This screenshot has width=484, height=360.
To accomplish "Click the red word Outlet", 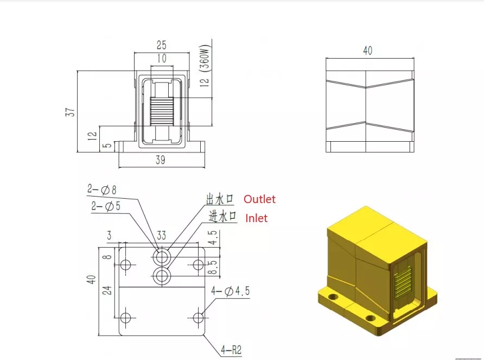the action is [259, 199].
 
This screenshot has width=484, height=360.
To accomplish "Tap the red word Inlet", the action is [256, 218].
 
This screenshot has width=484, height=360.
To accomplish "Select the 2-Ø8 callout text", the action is [102, 190].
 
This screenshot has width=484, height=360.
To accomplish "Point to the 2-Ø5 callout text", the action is [106, 206].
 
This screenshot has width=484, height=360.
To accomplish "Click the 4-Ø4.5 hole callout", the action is [230, 291].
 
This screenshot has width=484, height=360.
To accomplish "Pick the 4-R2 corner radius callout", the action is [231, 350].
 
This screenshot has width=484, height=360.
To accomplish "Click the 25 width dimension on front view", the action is [162, 45].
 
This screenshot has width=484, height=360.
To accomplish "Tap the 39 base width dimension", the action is [160, 160].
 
